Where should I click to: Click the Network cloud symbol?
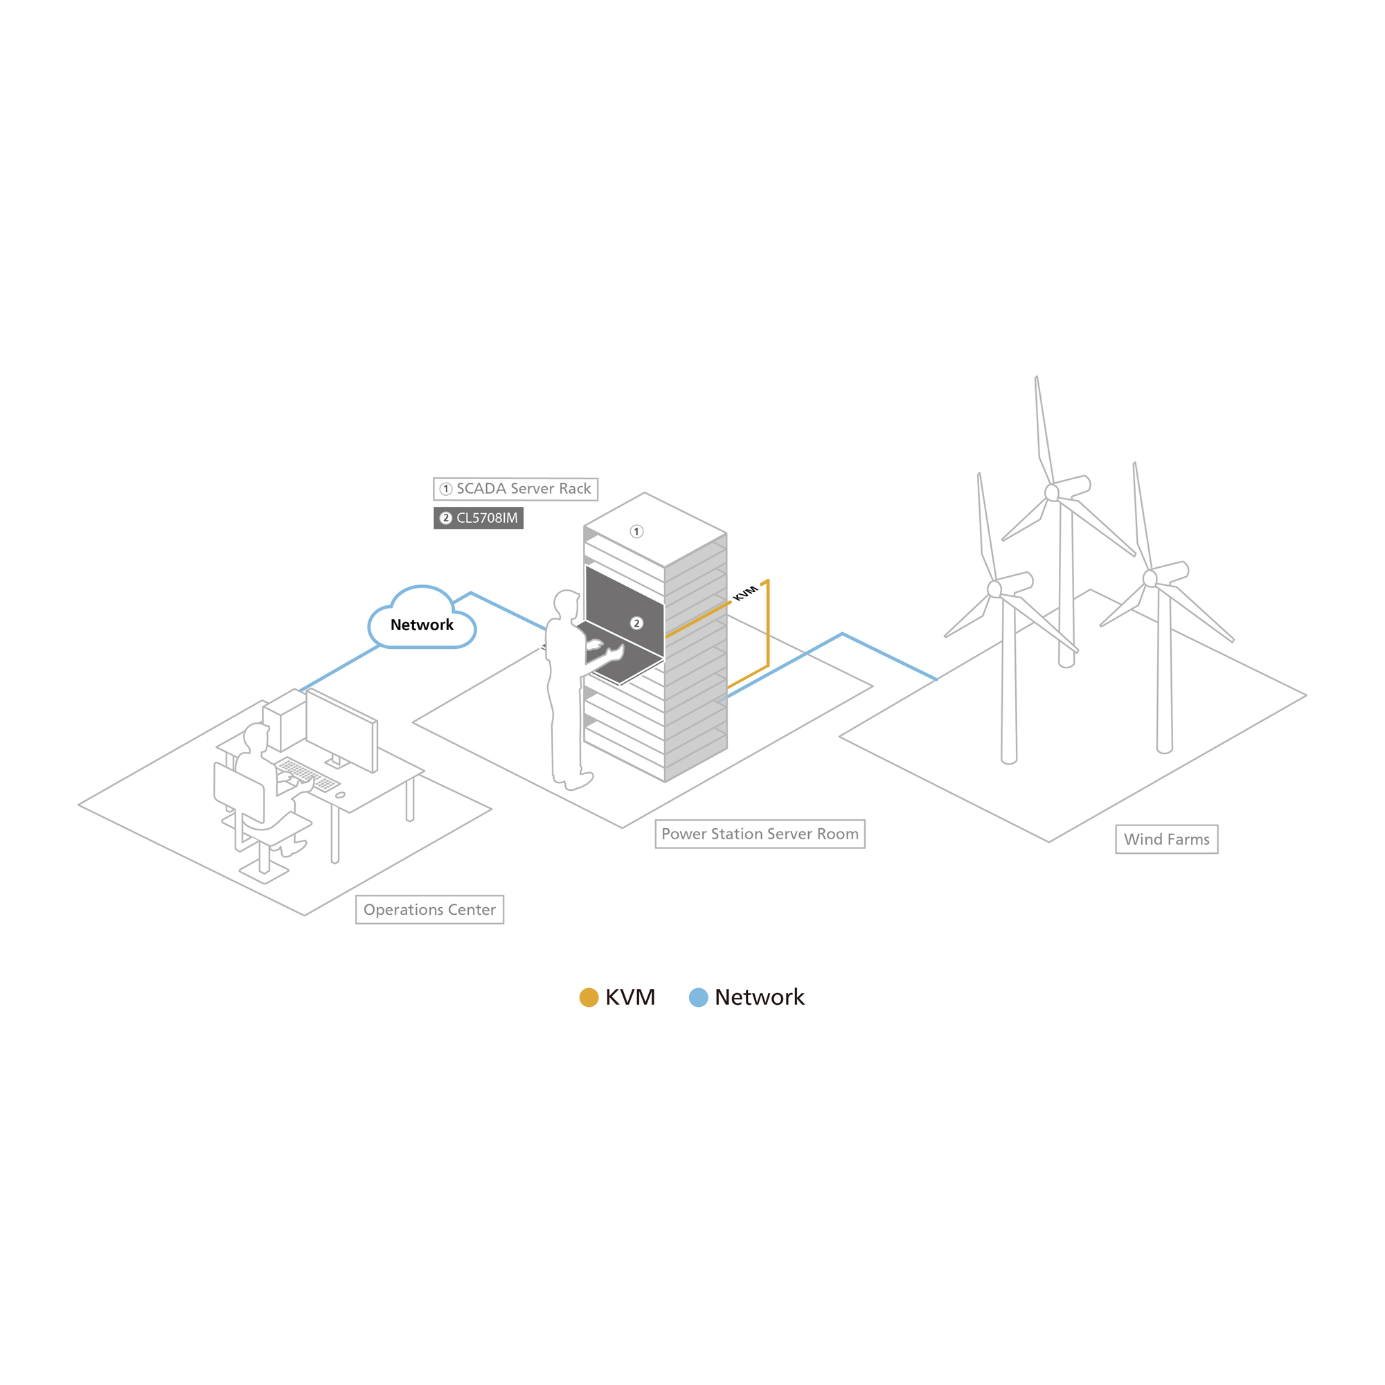coord(422,618)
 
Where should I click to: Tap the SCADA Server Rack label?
coord(515,489)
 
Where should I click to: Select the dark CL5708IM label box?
coord(478,517)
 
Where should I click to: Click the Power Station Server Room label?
coord(760,834)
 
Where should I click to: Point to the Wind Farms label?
coord(1166,839)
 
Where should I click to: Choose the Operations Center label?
coord(429,910)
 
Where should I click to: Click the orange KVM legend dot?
coord(589,997)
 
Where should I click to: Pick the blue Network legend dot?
coord(698,997)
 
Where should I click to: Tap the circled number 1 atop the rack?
coord(636,531)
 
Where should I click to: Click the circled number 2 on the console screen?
coord(636,623)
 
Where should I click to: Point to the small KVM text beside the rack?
coord(745,593)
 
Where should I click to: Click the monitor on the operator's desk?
coord(342,730)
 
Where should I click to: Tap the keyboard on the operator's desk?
coord(307,774)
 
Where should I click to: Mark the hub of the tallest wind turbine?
coord(1052,492)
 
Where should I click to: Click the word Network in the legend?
coord(759,997)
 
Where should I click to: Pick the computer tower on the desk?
coord(285,720)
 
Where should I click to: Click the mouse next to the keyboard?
coord(340,795)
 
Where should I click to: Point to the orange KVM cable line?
coord(768,625)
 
